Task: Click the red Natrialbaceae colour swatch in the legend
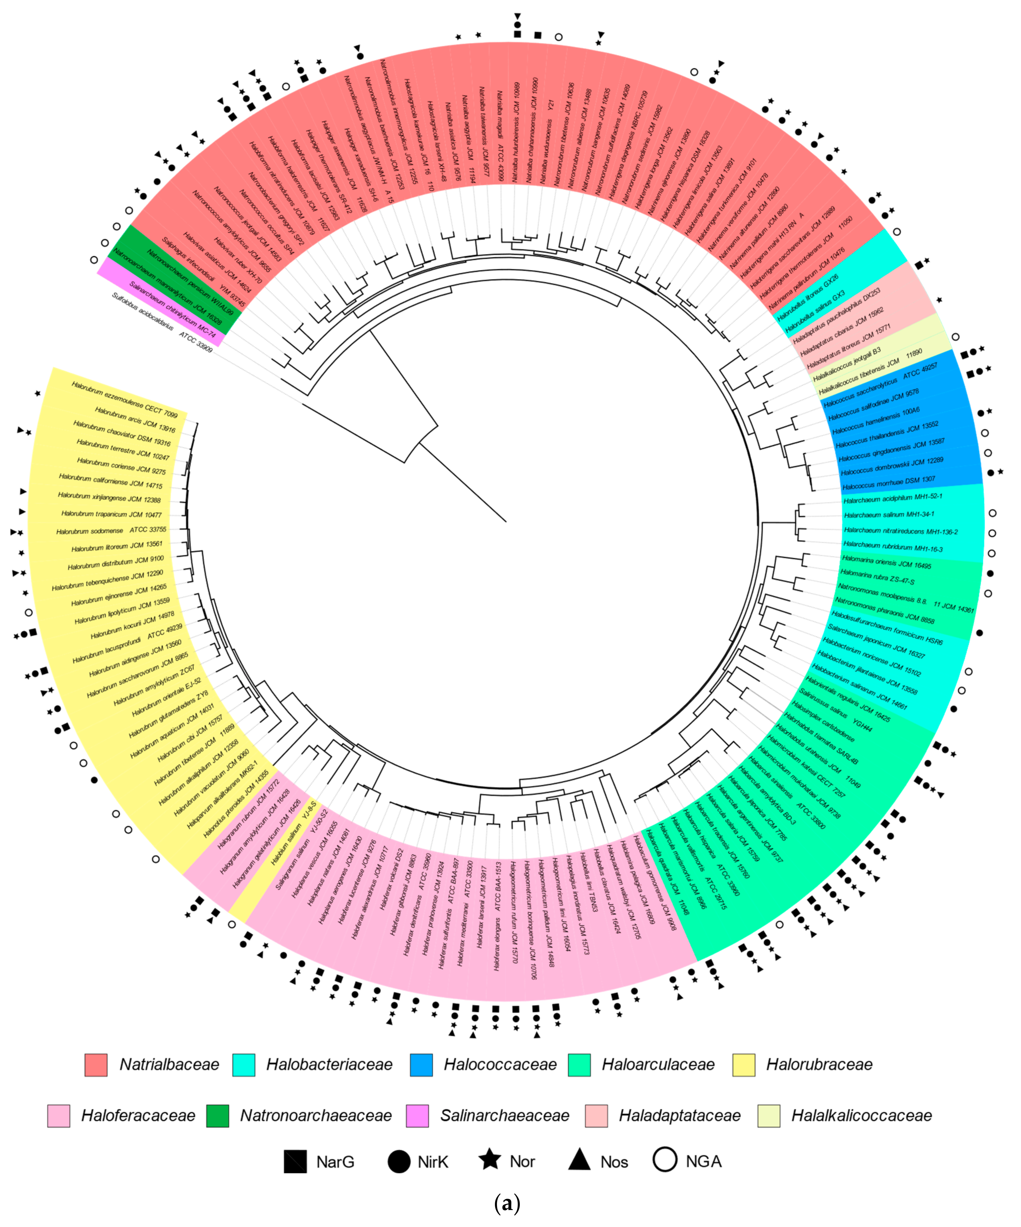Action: [x=96, y=1065]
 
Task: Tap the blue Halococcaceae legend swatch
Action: [x=421, y=1065]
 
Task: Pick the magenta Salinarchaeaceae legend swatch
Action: [x=417, y=1116]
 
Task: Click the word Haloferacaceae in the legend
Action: [x=138, y=1116]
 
